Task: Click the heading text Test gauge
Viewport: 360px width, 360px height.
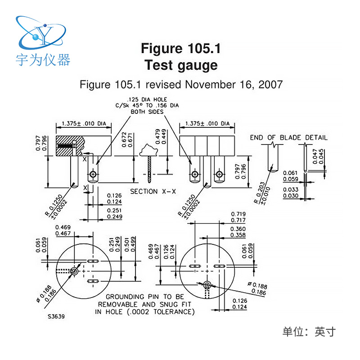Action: coord(181,65)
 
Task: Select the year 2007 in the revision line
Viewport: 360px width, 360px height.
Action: coord(270,84)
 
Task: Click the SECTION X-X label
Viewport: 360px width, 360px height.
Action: coord(153,191)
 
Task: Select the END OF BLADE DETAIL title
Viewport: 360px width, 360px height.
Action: coord(289,137)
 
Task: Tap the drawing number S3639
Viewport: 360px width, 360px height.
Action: coord(56,316)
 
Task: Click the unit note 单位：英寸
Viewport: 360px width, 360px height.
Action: coord(309,332)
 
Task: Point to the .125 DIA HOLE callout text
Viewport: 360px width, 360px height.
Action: coord(147,99)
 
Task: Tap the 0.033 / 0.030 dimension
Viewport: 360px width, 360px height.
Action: coord(290,193)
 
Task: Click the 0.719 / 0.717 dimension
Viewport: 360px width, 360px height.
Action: coord(238,216)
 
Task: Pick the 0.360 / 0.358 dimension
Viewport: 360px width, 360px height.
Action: coord(238,232)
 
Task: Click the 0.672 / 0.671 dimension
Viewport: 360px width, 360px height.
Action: coord(129,143)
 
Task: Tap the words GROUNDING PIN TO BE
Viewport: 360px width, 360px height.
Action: coord(145,297)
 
